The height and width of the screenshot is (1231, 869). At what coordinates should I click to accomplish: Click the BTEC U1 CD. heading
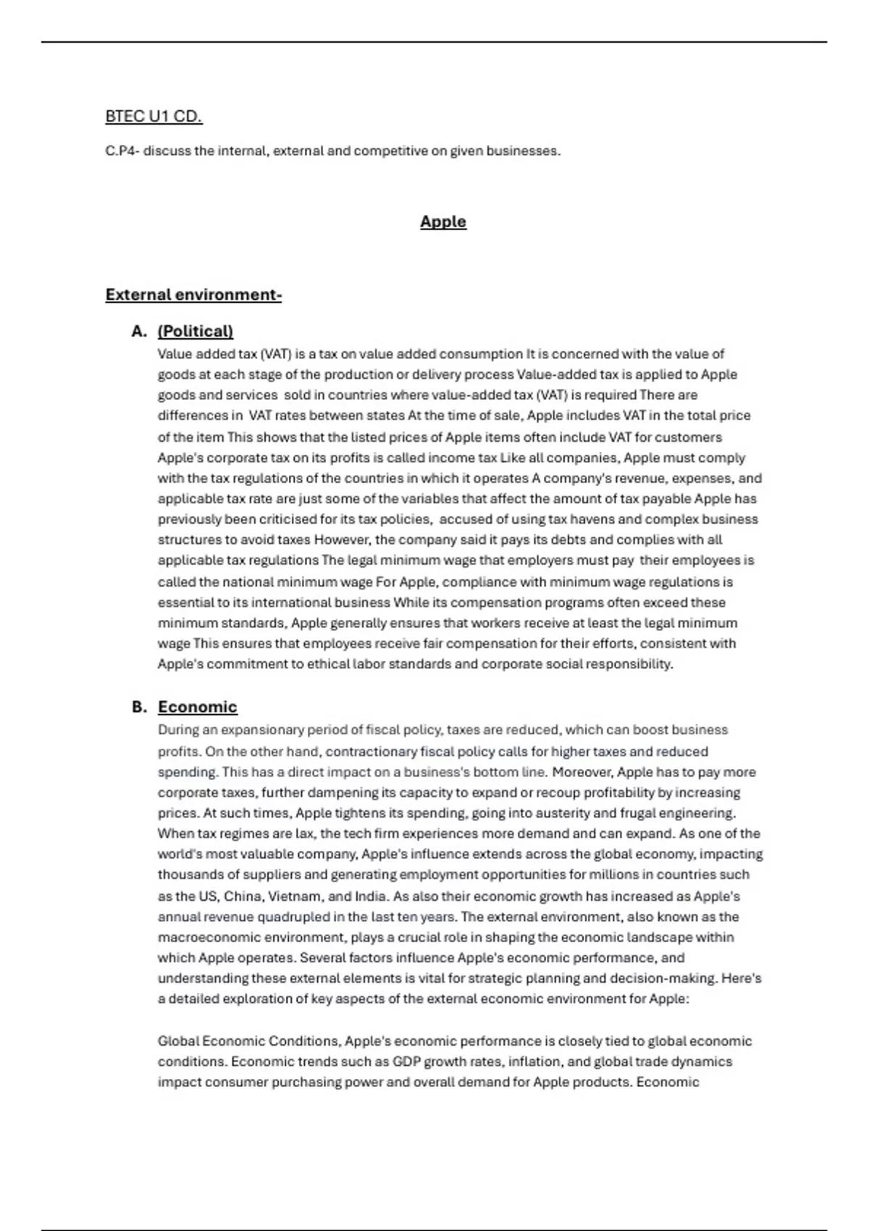[154, 116]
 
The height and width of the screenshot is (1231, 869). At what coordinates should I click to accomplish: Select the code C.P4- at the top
[122, 151]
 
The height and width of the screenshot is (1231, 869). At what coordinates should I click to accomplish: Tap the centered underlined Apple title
[443, 222]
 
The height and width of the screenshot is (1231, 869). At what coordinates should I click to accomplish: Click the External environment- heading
[193, 295]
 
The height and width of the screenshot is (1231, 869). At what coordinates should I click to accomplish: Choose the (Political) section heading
[196, 331]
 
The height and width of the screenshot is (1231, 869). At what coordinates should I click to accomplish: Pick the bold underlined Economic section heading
[198, 707]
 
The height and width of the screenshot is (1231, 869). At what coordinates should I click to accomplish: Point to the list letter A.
[139, 331]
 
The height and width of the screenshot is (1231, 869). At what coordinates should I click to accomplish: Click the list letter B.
[139, 707]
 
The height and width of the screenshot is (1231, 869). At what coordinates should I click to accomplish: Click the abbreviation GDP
[406, 1062]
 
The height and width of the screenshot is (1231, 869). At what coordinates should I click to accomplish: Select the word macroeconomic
[206, 937]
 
